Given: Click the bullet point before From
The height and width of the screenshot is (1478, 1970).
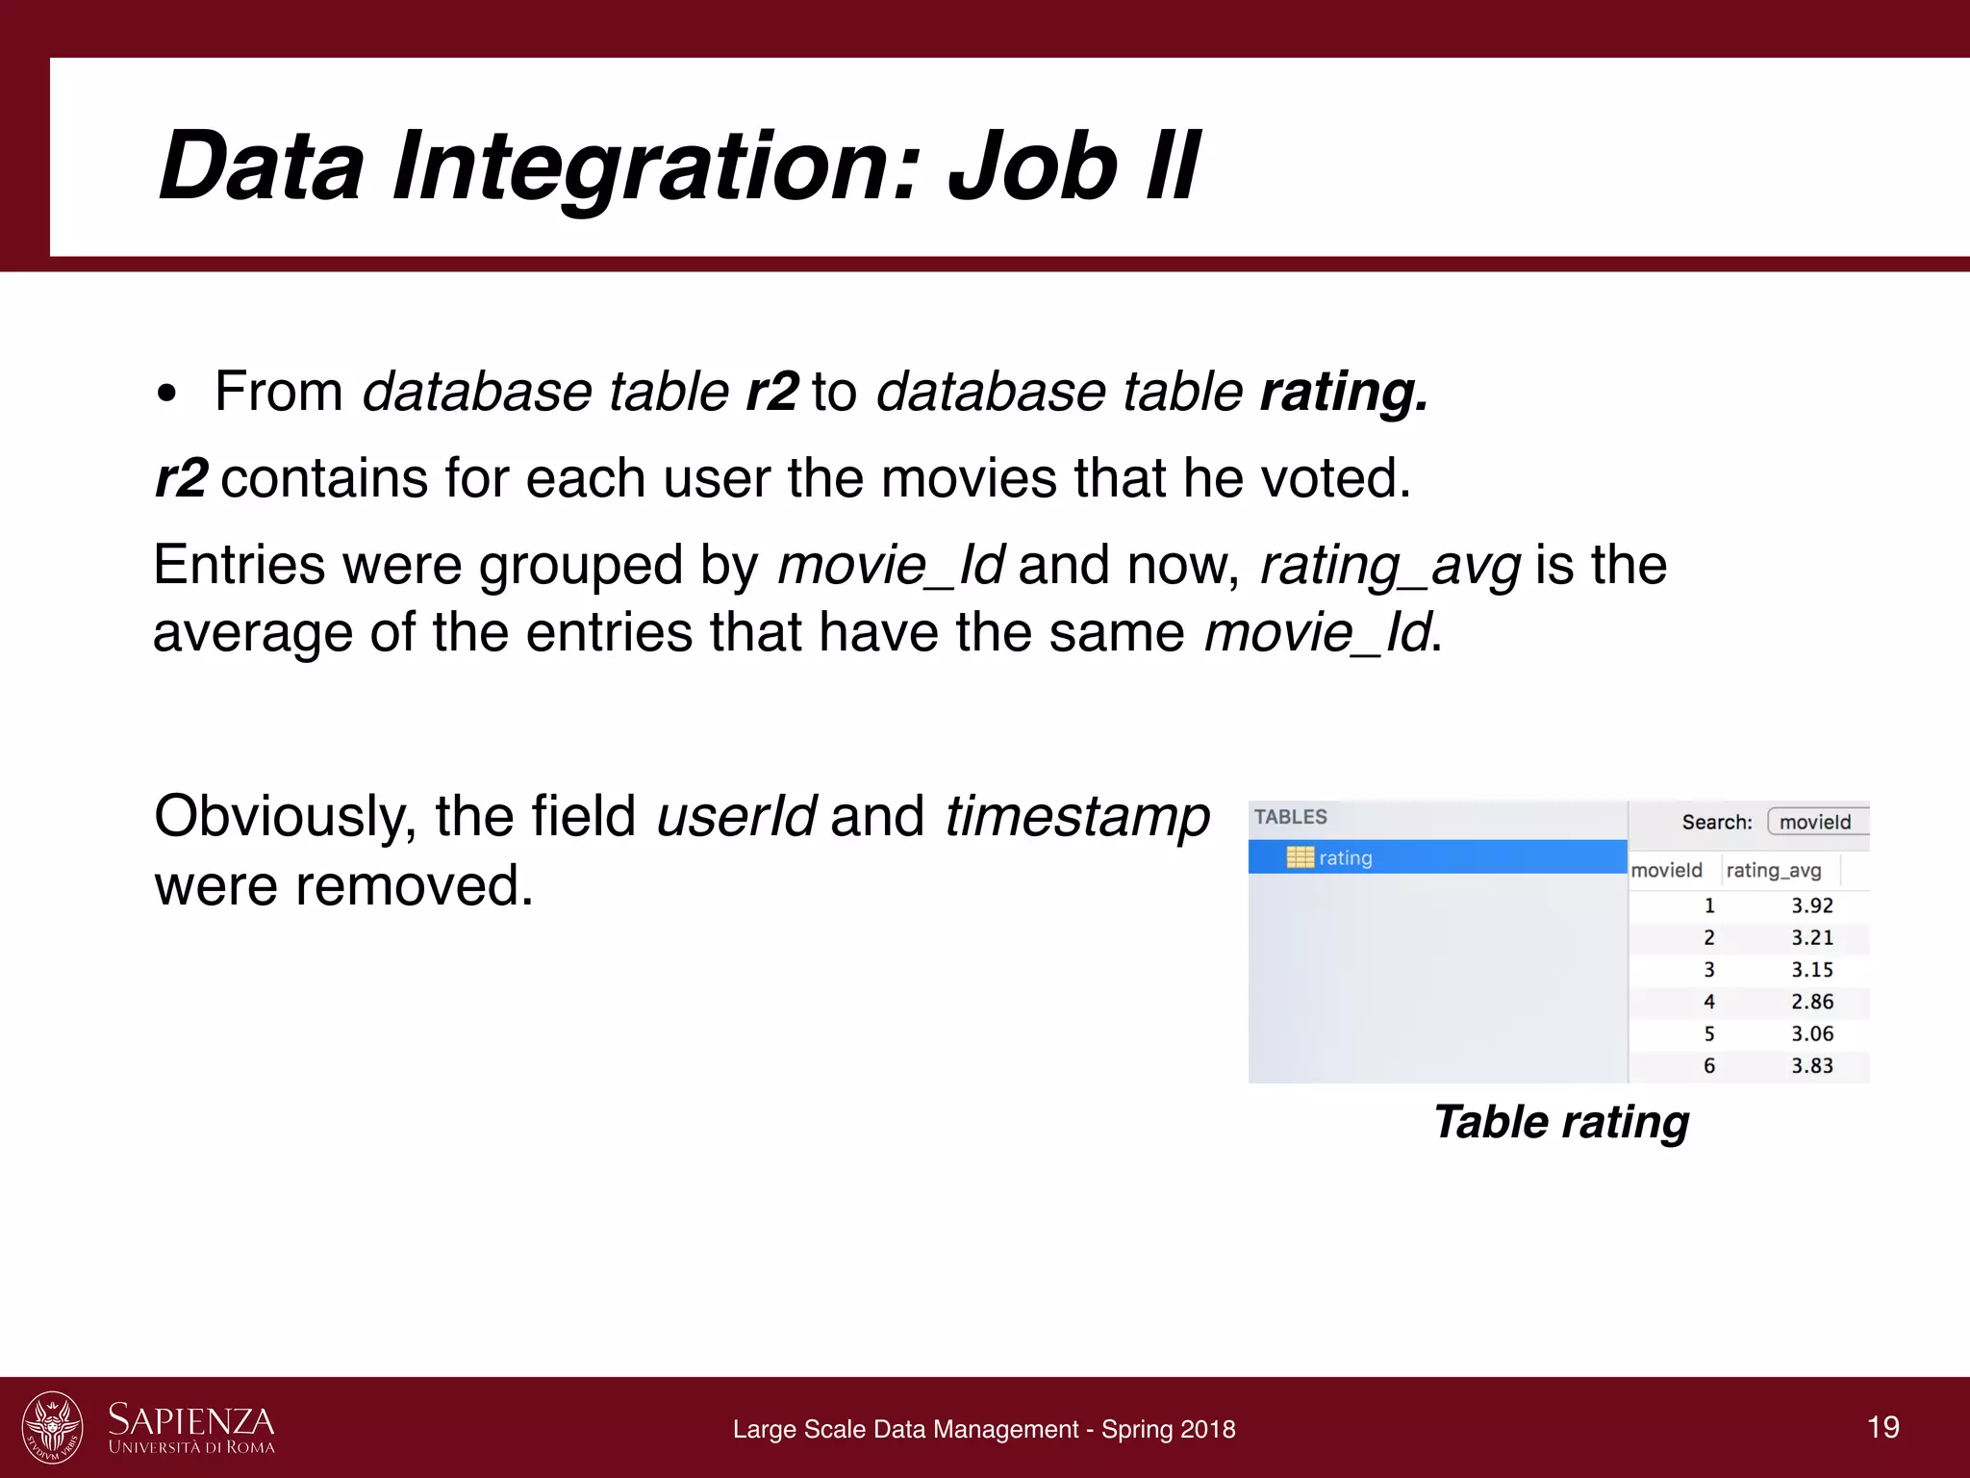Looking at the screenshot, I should (167, 394).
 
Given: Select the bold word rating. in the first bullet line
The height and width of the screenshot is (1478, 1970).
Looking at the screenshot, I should (1344, 392).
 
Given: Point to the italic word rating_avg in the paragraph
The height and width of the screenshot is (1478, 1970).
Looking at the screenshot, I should (1390, 565).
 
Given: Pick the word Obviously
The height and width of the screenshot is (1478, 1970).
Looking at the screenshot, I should (285, 817).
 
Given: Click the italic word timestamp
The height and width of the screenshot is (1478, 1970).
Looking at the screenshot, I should (1076, 817).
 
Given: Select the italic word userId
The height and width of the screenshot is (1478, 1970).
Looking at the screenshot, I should (736, 817).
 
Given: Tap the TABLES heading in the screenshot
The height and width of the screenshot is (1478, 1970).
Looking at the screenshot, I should (1290, 817).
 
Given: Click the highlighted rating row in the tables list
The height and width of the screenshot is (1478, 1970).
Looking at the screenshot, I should (1437, 857).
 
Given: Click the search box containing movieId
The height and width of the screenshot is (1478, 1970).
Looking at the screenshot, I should (1816, 822).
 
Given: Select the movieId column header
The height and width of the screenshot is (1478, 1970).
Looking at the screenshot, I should (1666, 870).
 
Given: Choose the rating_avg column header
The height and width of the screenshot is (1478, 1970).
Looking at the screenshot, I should (1773, 870).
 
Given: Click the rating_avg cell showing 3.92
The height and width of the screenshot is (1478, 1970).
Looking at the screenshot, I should (1811, 905).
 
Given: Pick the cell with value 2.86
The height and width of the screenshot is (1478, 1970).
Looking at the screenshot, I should (1811, 1002).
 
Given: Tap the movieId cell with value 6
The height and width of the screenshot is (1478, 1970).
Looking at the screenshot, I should (1709, 1066).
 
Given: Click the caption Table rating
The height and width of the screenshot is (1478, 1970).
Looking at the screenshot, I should (1560, 1122).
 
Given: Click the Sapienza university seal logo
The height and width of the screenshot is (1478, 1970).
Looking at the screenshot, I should (53, 1427).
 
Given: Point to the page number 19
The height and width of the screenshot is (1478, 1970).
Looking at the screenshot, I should (1882, 1427).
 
